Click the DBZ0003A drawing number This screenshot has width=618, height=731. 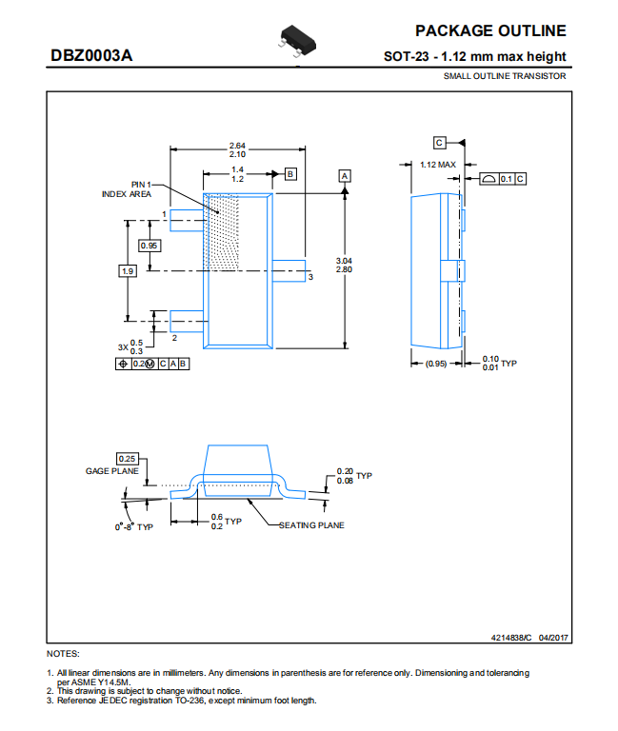[x=91, y=55]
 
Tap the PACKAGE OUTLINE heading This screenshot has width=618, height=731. [x=490, y=30]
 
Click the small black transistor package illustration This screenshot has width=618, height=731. [x=298, y=41]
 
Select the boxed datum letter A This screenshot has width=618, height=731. [x=345, y=176]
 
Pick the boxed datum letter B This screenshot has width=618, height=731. [x=290, y=174]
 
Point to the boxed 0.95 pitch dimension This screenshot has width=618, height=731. [x=150, y=246]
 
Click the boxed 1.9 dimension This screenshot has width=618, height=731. [x=128, y=271]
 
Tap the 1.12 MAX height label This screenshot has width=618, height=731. [x=437, y=165]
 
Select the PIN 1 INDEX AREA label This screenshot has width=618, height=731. [x=127, y=189]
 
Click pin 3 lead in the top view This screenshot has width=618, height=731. [x=289, y=271]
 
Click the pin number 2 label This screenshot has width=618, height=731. [x=174, y=338]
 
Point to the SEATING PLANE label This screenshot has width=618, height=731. [x=311, y=525]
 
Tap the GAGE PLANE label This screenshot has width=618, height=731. [x=112, y=471]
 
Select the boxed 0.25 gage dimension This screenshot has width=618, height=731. [x=128, y=459]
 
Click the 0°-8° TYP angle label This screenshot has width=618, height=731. [x=134, y=526]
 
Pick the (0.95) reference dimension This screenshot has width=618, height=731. [x=436, y=364]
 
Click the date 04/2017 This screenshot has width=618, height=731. [x=553, y=638]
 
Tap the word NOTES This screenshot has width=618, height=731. [x=63, y=654]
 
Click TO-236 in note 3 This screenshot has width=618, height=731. [x=189, y=701]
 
